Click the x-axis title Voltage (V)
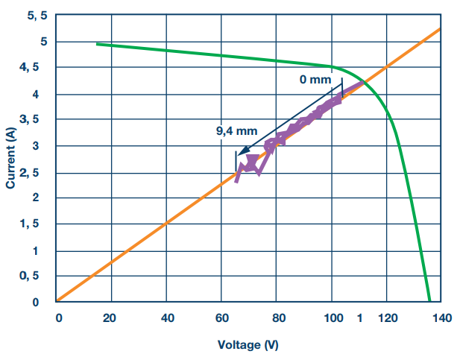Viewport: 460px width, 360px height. tap(248, 344)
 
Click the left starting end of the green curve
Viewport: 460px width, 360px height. tap(98, 44)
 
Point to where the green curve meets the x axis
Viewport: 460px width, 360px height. tap(430, 302)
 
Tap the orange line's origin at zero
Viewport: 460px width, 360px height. tap(57, 302)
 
